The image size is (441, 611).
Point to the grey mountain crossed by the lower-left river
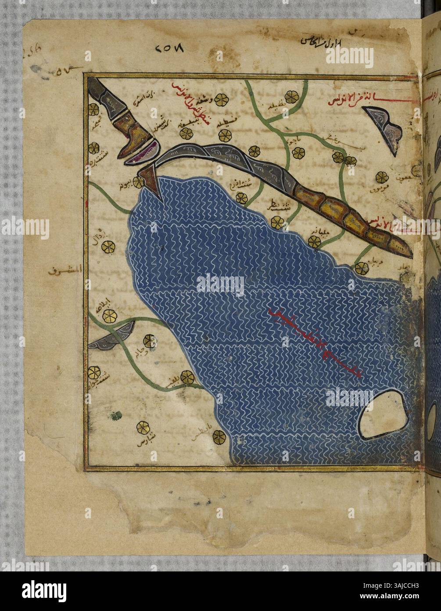[x=111, y=337]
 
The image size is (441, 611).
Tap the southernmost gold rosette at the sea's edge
[x=219, y=436]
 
